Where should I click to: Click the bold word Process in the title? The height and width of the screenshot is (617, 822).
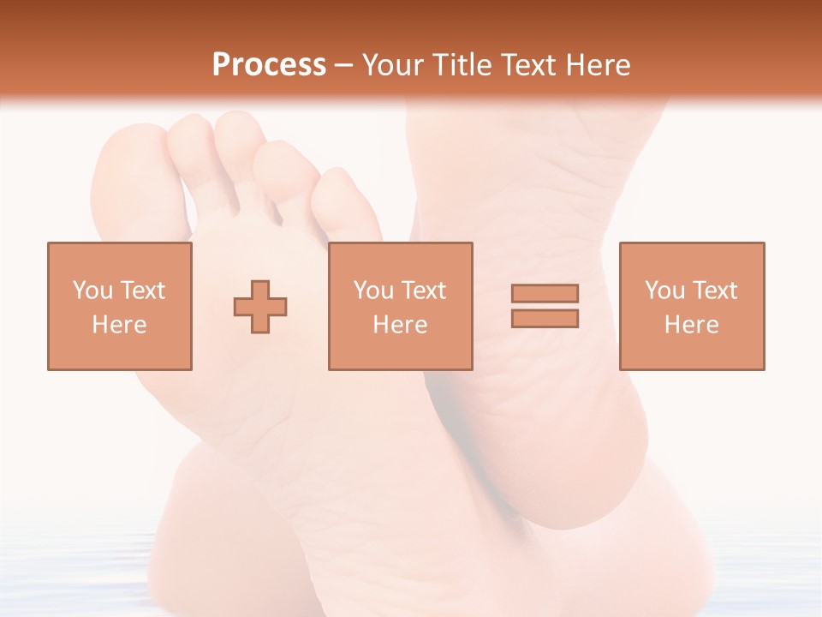[x=269, y=65]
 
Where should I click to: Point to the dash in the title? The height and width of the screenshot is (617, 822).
[x=343, y=65]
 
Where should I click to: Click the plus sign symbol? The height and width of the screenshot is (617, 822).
[x=260, y=306]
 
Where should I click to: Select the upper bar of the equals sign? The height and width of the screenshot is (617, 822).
[x=545, y=294]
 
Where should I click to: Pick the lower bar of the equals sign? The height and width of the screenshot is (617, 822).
[x=545, y=318]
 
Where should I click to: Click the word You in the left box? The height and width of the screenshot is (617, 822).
[x=92, y=291]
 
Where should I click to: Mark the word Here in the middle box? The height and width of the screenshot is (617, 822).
[x=400, y=325]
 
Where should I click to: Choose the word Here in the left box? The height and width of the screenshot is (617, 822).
[x=119, y=325]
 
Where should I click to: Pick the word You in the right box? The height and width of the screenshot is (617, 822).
[x=664, y=291]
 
